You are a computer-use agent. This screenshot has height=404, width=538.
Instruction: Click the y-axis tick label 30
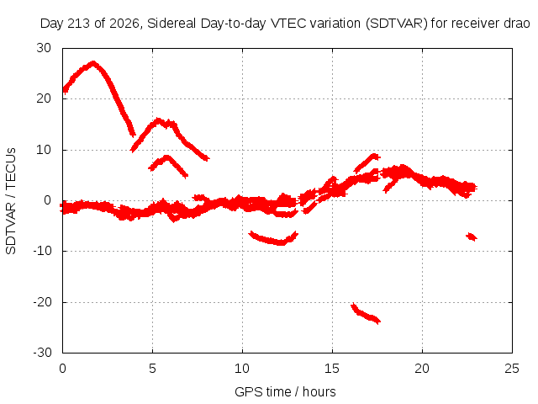click(x=44, y=48)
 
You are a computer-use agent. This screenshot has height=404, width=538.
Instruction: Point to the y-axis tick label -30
click(x=42, y=353)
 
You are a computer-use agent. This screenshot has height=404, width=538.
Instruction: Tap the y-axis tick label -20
click(x=42, y=302)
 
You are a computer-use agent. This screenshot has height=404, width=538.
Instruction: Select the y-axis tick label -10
click(x=42, y=251)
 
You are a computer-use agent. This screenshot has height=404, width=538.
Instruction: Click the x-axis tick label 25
click(x=512, y=369)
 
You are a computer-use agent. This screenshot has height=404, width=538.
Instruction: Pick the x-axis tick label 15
click(x=332, y=369)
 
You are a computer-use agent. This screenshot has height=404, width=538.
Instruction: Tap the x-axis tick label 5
click(x=152, y=369)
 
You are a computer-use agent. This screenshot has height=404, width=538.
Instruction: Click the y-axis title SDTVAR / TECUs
click(x=11, y=201)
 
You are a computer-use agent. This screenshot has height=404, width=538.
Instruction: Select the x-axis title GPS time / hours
click(x=285, y=391)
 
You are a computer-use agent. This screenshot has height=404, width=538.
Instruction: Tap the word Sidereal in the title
click(x=171, y=24)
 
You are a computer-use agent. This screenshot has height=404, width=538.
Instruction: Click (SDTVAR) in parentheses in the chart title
click(x=396, y=24)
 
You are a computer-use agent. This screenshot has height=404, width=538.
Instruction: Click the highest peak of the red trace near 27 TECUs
click(x=93, y=63)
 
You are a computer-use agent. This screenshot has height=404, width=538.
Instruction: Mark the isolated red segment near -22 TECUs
click(x=365, y=314)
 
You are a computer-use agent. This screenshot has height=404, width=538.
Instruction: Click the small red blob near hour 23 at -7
click(x=472, y=237)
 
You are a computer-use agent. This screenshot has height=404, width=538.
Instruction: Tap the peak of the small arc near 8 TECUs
click(x=166, y=157)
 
